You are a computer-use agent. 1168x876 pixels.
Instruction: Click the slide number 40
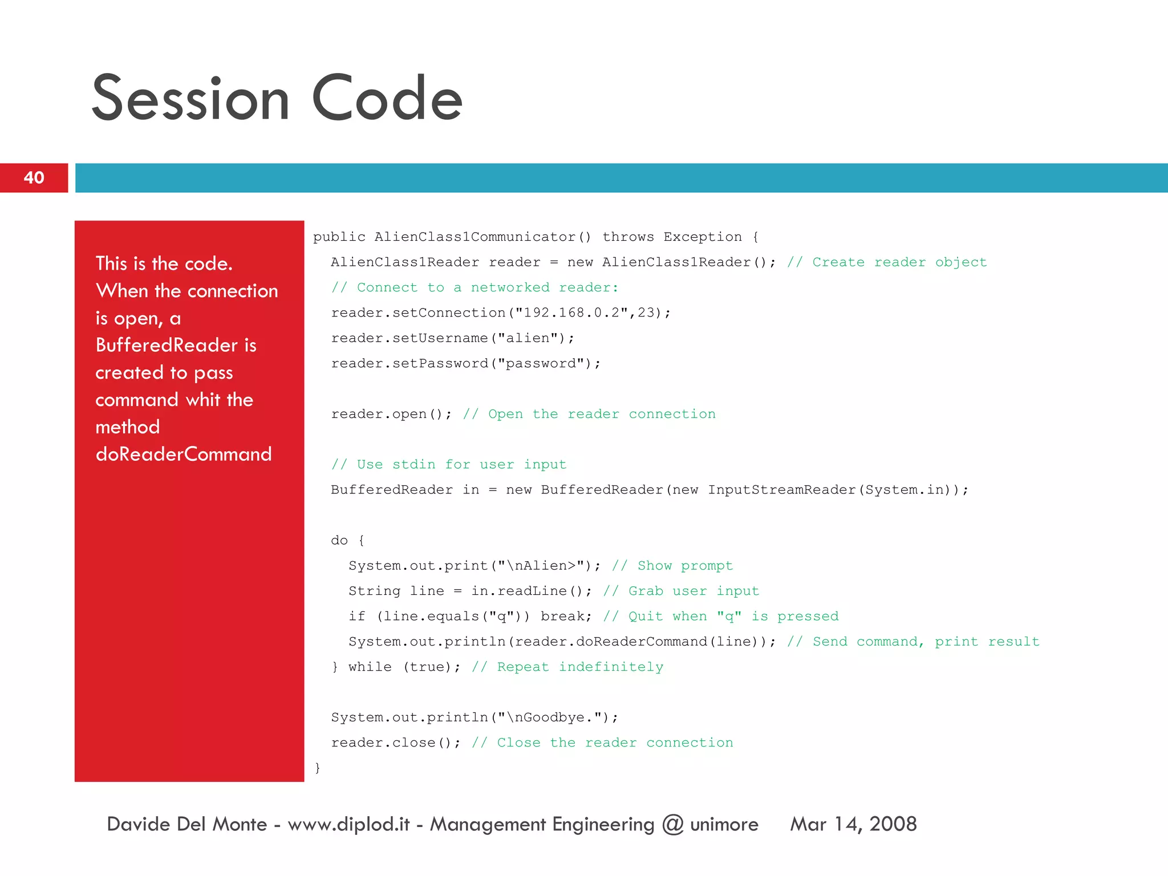34,178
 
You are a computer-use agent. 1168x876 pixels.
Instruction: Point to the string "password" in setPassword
541,364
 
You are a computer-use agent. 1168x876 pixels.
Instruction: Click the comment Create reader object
887,262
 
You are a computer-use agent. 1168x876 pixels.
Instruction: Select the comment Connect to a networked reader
474,287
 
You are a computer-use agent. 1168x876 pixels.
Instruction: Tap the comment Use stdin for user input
449,465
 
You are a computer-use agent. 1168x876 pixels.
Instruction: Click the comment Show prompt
672,566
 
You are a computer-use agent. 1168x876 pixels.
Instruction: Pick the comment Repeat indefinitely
567,667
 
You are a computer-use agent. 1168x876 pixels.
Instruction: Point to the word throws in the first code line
628,237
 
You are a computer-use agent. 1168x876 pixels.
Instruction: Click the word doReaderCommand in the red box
184,454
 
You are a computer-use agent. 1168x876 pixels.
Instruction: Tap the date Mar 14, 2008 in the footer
853,824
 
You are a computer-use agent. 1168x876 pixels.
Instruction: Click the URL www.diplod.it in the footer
348,824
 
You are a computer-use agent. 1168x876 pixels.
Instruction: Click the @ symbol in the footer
673,825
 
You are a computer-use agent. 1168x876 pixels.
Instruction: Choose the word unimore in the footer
724,825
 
